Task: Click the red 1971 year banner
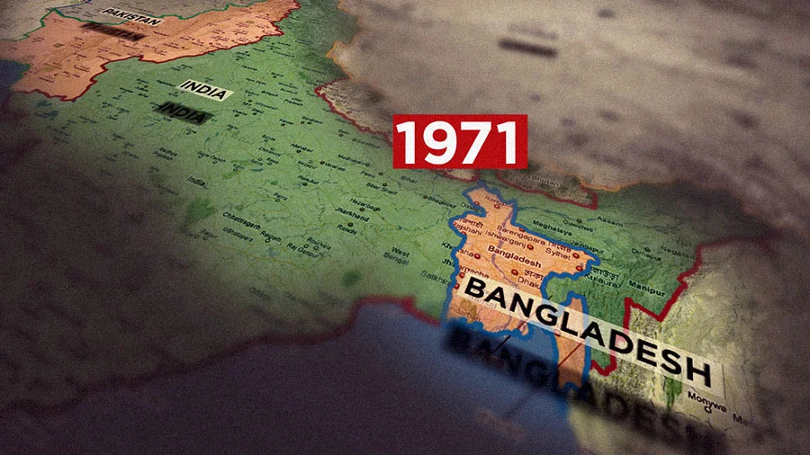[460, 140]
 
